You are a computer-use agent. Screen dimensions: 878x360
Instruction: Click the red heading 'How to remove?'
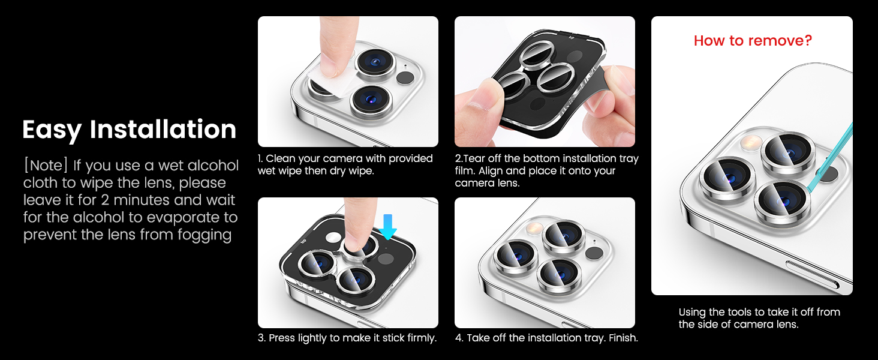(753, 40)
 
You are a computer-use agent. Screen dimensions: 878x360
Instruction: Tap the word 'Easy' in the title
(52, 130)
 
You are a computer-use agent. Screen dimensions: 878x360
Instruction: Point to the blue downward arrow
(387, 227)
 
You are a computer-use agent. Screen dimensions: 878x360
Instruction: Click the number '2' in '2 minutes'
(105, 200)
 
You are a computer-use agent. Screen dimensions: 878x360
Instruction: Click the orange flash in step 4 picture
(533, 227)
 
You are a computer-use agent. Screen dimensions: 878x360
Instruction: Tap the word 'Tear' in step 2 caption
(473, 158)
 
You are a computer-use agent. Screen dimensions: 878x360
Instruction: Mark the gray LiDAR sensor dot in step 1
(405, 77)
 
